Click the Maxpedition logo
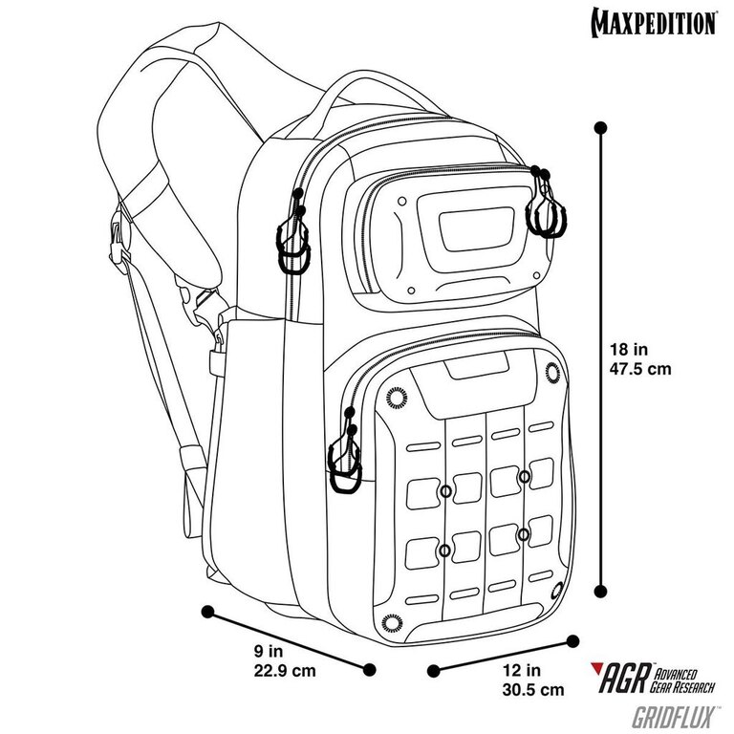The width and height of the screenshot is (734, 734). (654, 22)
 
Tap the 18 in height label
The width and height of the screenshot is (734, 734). (629, 349)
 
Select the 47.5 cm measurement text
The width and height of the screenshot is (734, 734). (640, 369)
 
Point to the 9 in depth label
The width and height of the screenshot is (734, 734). (269, 651)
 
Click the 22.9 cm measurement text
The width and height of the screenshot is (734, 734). (285, 670)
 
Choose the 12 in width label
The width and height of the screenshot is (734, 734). (522, 670)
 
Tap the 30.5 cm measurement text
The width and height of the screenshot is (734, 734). (533, 689)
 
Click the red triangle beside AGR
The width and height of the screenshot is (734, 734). (596, 667)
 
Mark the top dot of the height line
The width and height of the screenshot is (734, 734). (600, 128)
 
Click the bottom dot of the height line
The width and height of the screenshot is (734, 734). (600, 591)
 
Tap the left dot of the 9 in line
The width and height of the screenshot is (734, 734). (206, 612)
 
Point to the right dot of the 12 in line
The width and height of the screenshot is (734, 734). (572, 641)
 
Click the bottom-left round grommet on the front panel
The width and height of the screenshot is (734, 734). (392, 622)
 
